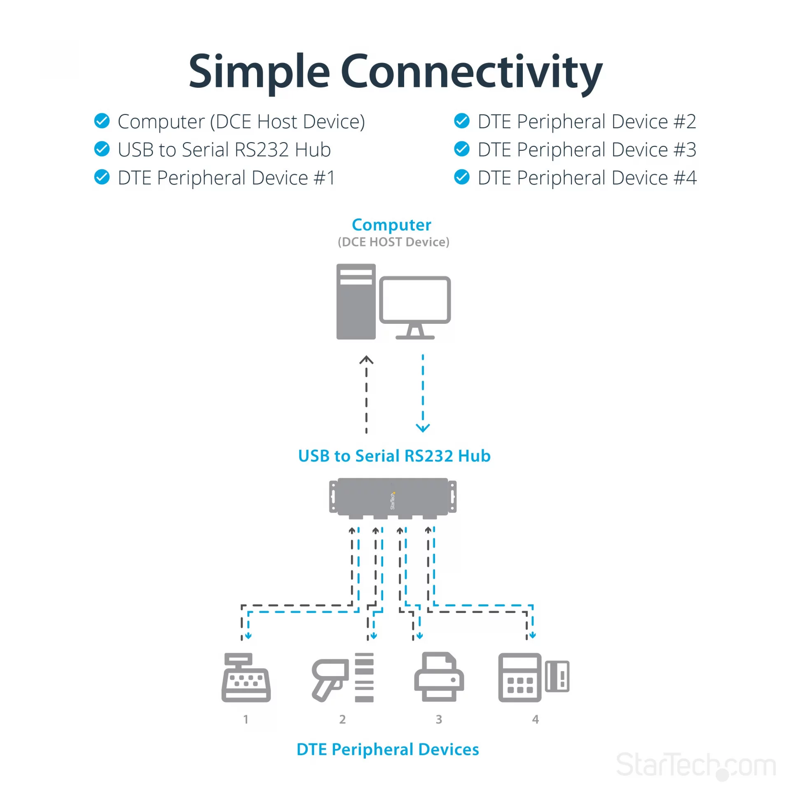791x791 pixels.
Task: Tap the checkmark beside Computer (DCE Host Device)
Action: pyautogui.click(x=102, y=121)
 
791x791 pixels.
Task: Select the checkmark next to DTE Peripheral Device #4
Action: pyautogui.click(x=462, y=177)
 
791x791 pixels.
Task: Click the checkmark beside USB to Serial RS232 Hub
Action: pyautogui.click(x=102, y=149)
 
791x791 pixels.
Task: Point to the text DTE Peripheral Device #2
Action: pyautogui.click(x=587, y=122)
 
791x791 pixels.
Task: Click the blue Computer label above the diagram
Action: pyautogui.click(x=391, y=225)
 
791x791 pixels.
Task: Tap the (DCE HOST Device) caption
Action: pyautogui.click(x=393, y=242)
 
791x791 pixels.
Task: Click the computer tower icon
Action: pyautogui.click(x=356, y=302)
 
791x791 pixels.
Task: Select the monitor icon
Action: pyautogui.click(x=415, y=308)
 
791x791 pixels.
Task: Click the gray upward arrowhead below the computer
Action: pyautogui.click(x=366, y=360)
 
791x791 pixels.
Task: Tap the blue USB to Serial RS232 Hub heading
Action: pyautogui.click(x=394, y=456)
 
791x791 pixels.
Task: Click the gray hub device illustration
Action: pyautogui.click(x=393, y=498)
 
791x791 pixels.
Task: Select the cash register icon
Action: pyautogui.click(x=246, y=677)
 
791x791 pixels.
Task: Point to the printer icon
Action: pyautogui.click(x=439, y=676)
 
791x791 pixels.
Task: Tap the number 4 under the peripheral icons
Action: pyautogui.click(x=535, y=719)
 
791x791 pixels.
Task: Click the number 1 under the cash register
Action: pyautogui.click(x=246, y=719)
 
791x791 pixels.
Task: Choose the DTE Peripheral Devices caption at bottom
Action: pyautogui.click(x=388, y=749)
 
